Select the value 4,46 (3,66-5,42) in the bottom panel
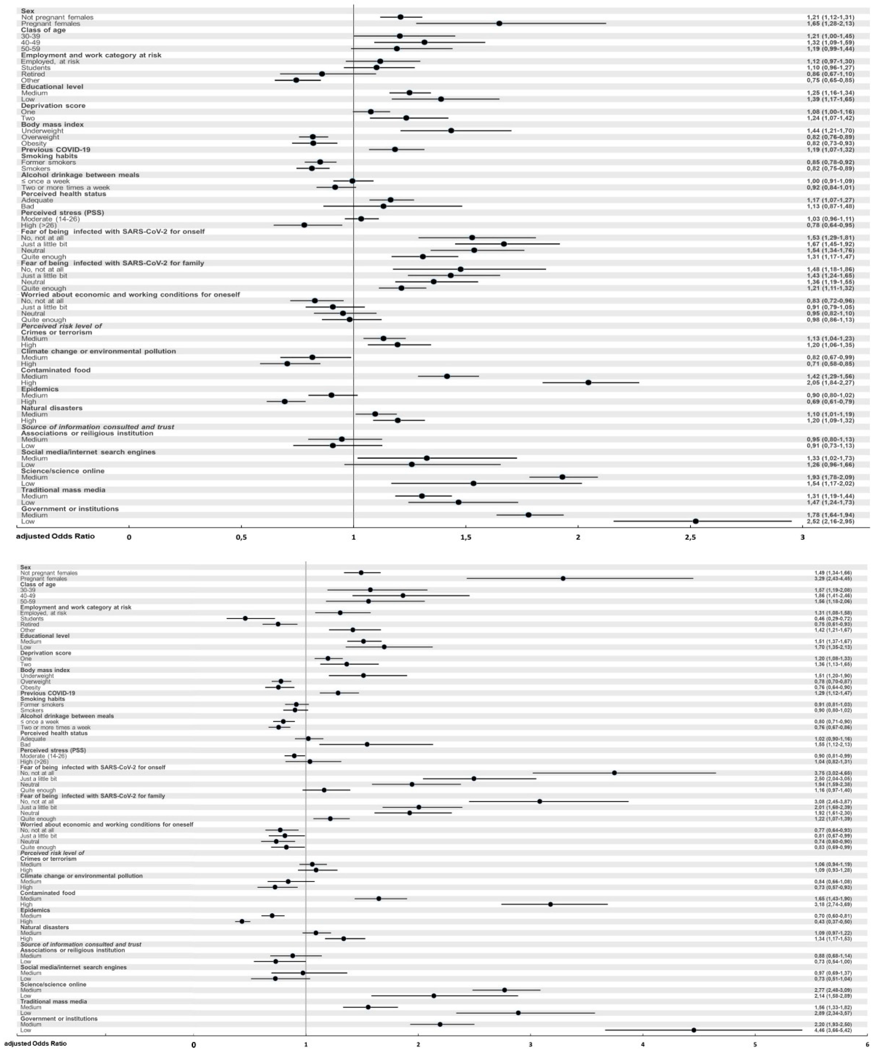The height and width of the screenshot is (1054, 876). coord(833,1030)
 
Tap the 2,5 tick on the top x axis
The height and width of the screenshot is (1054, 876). coord(690,537)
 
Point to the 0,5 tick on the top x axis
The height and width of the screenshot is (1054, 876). coord(242,537)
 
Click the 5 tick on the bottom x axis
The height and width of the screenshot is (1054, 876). coord(754,1045)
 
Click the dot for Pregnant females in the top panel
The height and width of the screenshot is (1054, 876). coord(499,24)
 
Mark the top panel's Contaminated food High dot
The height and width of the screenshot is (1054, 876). coord(588,382)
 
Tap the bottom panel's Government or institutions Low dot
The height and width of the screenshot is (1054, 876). coord(694,1030)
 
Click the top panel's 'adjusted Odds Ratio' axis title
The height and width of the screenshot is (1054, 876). coord(55,536)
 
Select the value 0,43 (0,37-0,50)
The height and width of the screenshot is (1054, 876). coord(833,922)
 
